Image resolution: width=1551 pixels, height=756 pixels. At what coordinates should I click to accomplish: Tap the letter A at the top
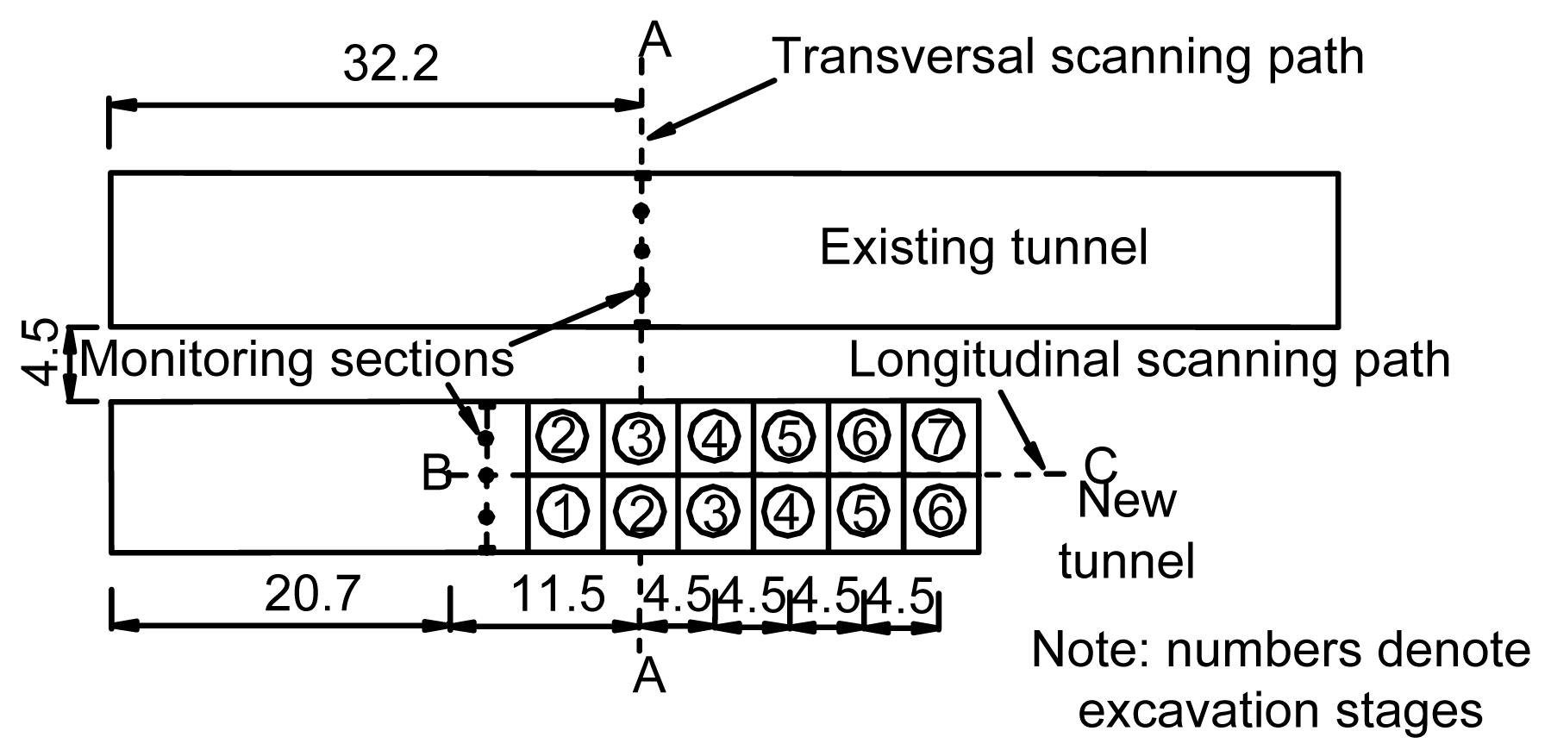coord(657,40)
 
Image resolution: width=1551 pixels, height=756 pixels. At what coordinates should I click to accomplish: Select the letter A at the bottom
coord(648,677)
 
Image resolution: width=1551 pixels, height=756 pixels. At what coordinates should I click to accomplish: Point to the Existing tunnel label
coord(984,247)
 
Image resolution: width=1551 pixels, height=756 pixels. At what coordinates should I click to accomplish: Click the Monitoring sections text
coord(297,359)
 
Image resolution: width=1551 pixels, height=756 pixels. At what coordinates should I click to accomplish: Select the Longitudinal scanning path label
coord(1149,359)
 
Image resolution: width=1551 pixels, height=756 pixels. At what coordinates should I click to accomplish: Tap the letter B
coord(436,474)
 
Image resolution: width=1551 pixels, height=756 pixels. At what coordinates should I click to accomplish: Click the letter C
coord(1100,466)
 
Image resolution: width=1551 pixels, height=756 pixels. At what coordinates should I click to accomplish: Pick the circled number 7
coord(939,437)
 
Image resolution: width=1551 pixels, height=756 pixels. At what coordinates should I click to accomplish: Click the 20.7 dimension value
coord(311,594)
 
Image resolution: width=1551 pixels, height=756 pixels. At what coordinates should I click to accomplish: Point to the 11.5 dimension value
coord(558,594)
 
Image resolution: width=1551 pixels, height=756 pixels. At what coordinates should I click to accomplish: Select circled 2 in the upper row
coord(563,437)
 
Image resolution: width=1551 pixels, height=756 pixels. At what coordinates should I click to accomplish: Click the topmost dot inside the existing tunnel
coord(641,211)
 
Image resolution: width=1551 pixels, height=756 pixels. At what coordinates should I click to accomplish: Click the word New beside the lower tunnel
coord(1127,501)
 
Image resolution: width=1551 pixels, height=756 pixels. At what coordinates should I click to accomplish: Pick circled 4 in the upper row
coord(715,437)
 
